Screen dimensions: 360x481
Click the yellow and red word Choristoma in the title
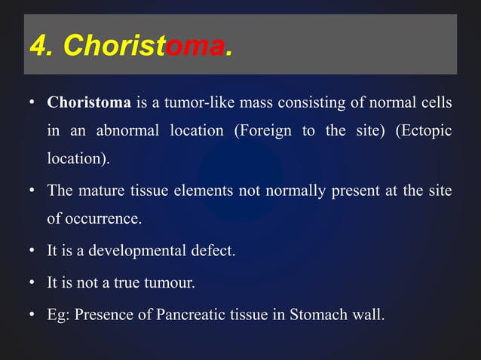coord(143,47)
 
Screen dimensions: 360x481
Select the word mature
coord(103,191)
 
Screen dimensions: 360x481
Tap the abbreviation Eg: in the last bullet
coord(58,314)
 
